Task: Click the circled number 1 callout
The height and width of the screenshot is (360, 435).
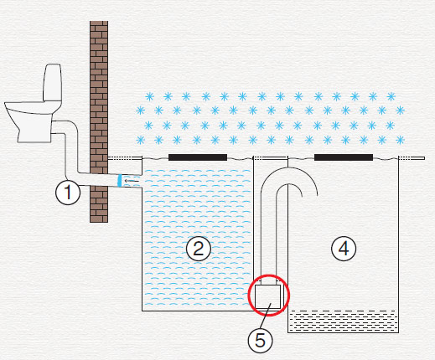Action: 68,193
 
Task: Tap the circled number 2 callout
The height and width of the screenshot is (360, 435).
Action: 199,249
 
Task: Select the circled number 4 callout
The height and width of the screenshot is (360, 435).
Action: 344,249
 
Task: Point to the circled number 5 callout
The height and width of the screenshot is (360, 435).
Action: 261,341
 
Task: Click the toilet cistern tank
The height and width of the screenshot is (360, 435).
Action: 52,82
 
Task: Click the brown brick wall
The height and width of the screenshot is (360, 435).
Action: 99,121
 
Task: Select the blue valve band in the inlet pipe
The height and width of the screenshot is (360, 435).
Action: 120,181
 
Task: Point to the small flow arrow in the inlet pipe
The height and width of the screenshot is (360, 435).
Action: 132,181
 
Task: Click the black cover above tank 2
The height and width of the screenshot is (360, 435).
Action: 198,157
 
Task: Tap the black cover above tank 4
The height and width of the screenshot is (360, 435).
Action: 344,157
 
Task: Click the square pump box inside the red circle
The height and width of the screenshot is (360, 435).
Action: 268,296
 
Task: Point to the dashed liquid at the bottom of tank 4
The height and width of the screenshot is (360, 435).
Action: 343,321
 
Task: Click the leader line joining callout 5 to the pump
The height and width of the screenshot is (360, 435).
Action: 265,316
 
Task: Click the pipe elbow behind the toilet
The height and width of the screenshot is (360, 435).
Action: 72,128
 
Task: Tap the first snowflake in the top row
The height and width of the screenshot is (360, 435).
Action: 150,96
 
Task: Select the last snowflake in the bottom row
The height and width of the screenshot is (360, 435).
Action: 400,140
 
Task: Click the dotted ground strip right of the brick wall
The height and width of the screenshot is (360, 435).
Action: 125,158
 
